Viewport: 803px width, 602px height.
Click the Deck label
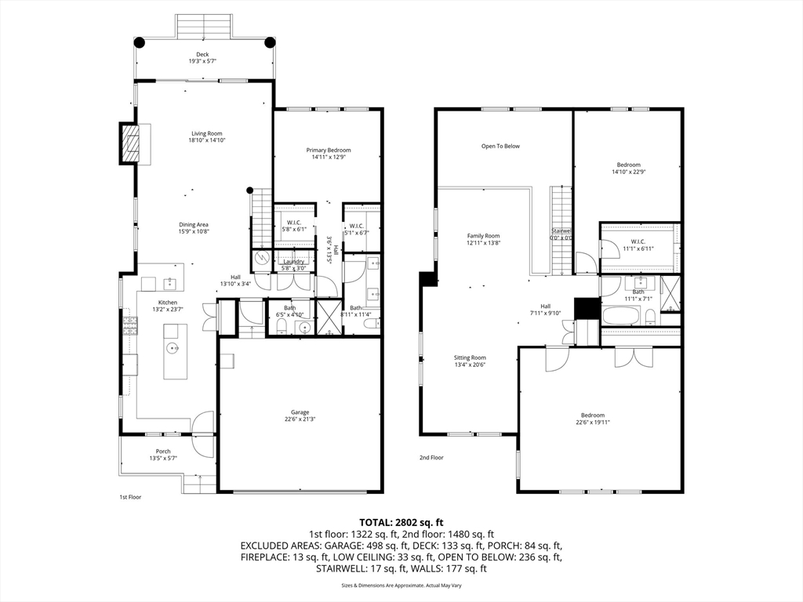(x=202, y=54)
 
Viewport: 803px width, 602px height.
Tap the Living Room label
(x=207, y=133)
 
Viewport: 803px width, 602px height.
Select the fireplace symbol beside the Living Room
(x=129, y=143)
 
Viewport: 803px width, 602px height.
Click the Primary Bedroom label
(x=328, y=150)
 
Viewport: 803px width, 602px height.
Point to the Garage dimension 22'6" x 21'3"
(x=300, y=419)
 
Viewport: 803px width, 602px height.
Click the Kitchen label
(x=168, y=303)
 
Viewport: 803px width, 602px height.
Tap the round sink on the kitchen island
(x=172, y=347)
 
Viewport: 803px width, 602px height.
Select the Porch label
(x=163, y=451)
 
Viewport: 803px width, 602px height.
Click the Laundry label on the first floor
(x=293, y=262)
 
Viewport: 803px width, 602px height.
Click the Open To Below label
(x=500, y=146)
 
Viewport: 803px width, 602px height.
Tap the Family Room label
(x=483, y=236)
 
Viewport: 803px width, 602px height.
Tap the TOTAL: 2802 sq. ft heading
(x=401, y=522)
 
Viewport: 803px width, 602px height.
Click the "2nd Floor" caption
(x=431, y=458)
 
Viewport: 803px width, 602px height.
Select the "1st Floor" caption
(x=130, y=497)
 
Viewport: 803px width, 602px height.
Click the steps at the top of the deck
(x=204, y=25)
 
